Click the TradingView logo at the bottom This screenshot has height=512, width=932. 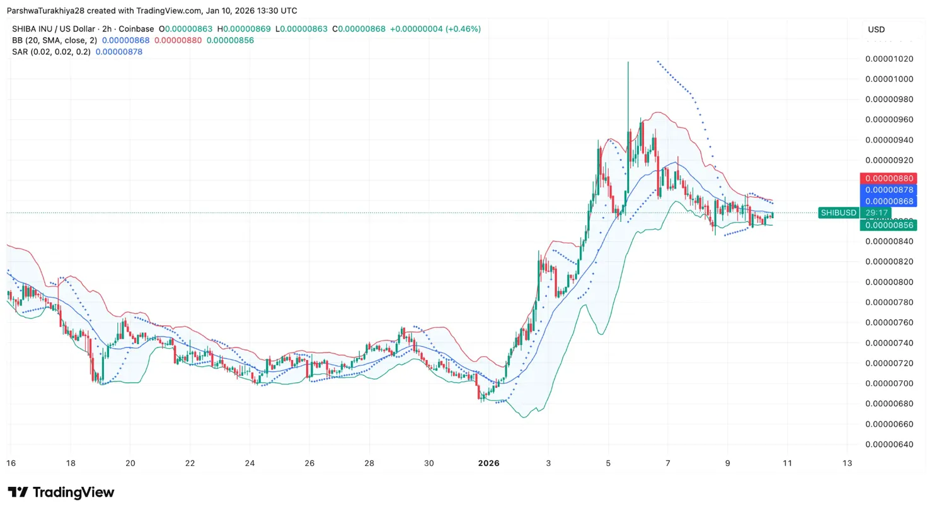tap(61, 492)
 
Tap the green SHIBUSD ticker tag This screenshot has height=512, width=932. tap(838, 213)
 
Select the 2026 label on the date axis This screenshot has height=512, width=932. tap(488, 463)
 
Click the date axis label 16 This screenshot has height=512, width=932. tap(10, 463)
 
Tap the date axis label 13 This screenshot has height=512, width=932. tap(847, 463)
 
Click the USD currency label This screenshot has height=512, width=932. tap(876, 30)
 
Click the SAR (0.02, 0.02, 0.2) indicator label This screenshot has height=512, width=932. tap(52, 52)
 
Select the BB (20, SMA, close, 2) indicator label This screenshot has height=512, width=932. tap(54, 40)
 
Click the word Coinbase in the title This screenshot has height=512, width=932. tap(137, 29)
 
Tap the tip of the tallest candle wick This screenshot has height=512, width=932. tap(628, 62)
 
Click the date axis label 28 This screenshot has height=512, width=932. tap(369, 463)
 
